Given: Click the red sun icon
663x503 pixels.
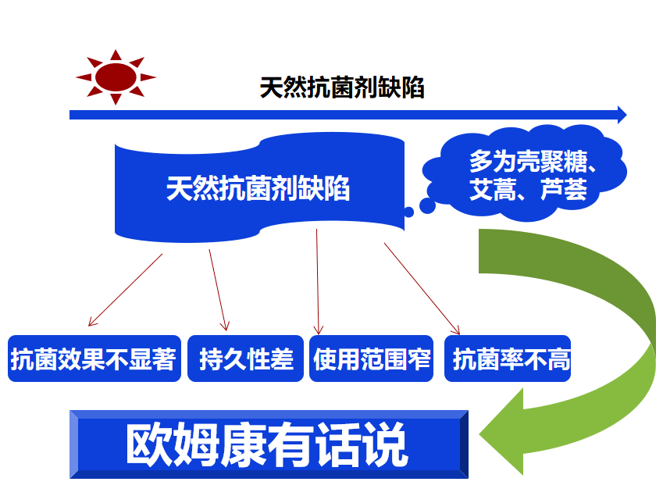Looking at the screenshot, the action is (116, 77).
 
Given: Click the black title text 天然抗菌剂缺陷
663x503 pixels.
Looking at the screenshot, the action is (341, 87).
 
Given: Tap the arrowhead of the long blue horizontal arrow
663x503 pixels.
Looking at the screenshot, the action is (622, 115).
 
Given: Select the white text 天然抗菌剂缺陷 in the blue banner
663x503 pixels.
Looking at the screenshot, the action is (258, 188).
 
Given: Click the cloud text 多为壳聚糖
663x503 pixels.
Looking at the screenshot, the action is (528, 161).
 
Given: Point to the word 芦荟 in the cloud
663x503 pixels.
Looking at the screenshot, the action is (564, 189).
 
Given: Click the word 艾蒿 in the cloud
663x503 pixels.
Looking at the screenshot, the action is (493, 189).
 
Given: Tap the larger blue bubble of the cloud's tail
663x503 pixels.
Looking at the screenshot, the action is (427, 206).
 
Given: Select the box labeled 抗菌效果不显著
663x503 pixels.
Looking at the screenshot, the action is (94, 359).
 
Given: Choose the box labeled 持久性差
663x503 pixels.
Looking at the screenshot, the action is (246, 359).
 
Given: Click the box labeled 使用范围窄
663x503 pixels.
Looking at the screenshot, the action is (371, 359).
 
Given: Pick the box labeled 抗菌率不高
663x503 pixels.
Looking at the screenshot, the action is (508, 359).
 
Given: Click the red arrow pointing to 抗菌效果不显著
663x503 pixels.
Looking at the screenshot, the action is (125, 290).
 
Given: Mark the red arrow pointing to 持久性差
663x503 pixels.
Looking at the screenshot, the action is (219, 290).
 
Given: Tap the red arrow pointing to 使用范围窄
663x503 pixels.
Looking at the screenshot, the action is (318, 282).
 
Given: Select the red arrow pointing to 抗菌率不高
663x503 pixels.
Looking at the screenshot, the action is (422, 289).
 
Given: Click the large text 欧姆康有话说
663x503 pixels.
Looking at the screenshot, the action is (267, 444).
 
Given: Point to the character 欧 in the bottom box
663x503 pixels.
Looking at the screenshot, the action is (149, 444).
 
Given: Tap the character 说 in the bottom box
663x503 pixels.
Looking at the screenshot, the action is (386, 444).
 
